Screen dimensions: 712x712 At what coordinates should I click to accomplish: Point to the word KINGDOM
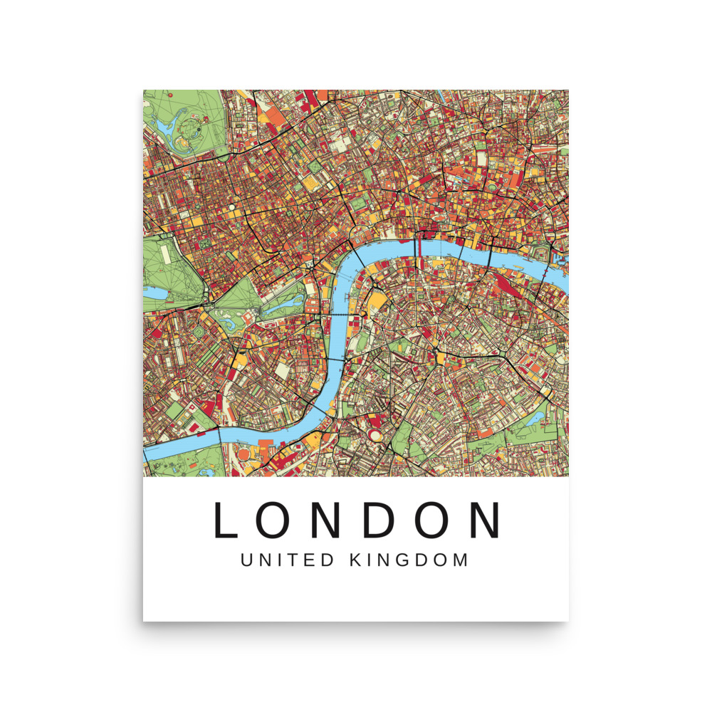coord(409,560)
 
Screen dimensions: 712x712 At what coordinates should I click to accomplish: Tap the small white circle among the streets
coord(232,208)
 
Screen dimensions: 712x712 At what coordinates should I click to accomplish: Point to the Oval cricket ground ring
coord(375,434)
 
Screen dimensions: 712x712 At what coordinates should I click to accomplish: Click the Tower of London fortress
coord(545,253)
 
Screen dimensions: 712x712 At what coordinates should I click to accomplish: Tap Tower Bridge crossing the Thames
coord(549,271)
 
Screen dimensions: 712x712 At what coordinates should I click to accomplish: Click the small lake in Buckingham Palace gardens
coord(222,325)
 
